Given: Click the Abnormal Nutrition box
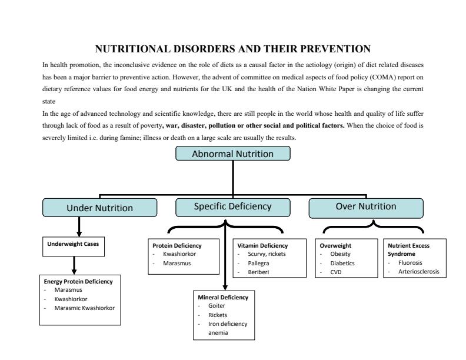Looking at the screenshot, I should click(x=233, y=154).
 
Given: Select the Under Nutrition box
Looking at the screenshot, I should click(x=99, y=208).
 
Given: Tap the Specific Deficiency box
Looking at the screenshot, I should click(x=232, y=206).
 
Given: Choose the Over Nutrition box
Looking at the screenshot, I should click(x=365, y=206).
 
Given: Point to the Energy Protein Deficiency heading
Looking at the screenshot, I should click(x=78, y=281).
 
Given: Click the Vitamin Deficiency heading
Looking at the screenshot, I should click(x=262, y=245).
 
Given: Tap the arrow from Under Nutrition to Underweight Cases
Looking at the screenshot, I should click(x=79, y=226).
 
